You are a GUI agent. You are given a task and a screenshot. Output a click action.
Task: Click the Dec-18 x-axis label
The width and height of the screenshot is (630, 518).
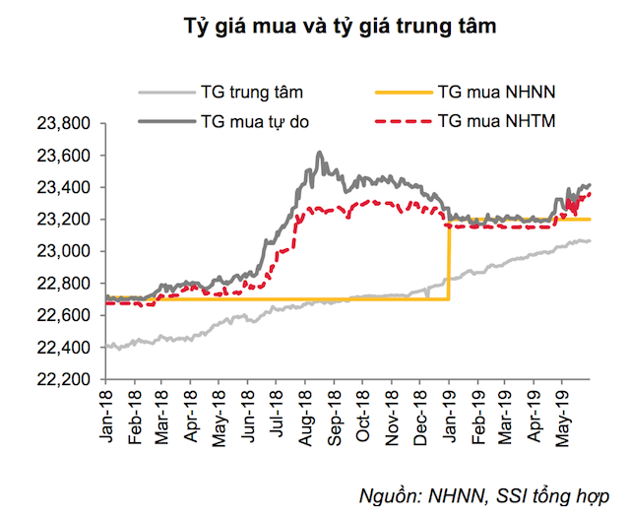pos(420,408)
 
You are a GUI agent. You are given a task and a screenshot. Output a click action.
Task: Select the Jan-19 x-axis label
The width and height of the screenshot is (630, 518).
pos(450,408)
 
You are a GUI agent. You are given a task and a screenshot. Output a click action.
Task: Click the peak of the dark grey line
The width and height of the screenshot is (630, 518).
pos(319,153)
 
